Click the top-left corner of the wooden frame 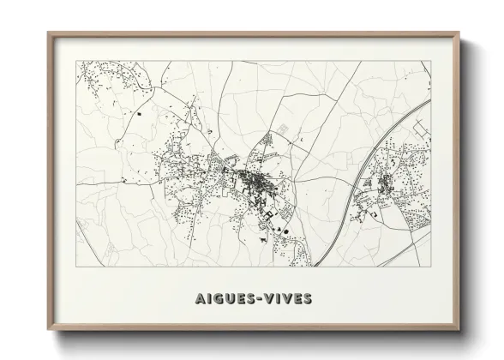pos(48,33)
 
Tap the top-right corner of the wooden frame pos(459,33)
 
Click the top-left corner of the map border pos(76,61)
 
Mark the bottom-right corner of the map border pos(430,267)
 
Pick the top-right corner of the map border pos(430,61)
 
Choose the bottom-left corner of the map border pos(76,267)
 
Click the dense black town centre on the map pos(254,179)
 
